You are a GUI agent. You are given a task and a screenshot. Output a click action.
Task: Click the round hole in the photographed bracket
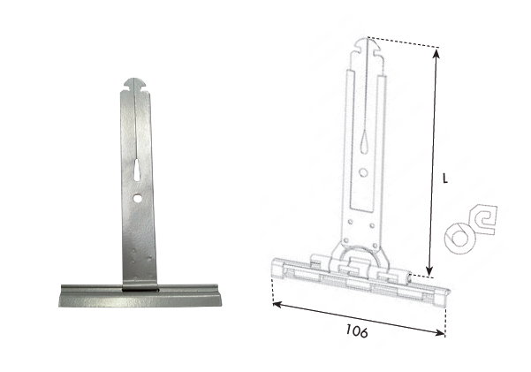(138, 199)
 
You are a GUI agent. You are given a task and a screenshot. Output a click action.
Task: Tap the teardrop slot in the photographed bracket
(137, 170)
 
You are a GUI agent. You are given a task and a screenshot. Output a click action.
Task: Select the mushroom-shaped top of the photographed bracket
(135, 85)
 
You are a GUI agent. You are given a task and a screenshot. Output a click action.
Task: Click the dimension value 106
(357, 331)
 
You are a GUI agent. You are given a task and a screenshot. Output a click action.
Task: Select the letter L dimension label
(445, 178)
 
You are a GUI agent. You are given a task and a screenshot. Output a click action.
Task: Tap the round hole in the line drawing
(363, 173)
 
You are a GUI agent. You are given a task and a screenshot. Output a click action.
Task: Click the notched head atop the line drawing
(368, 49)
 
